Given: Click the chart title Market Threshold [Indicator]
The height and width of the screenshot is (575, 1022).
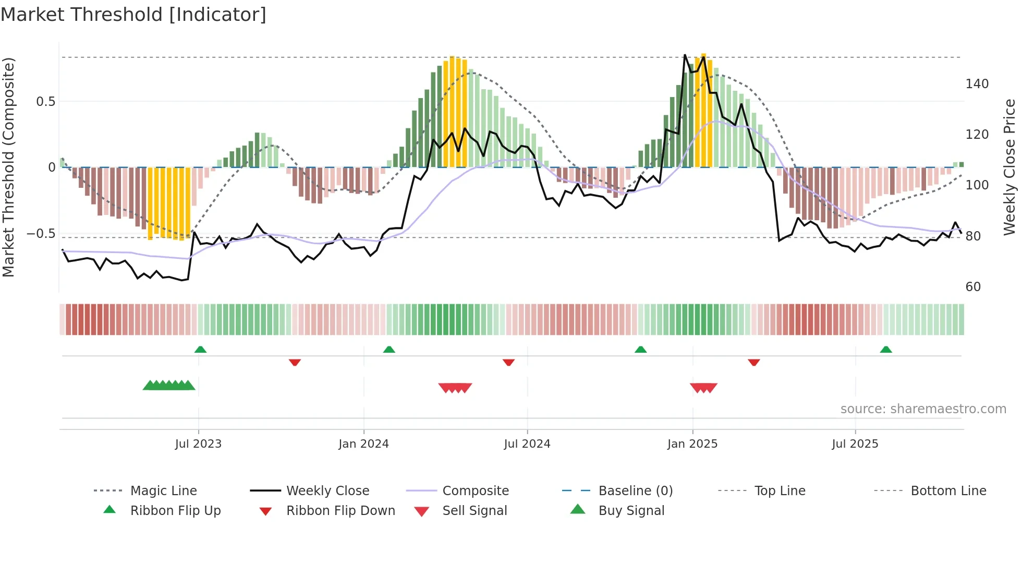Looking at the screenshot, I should pos(133,15).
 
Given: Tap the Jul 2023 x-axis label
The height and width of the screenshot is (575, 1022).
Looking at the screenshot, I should pos(198,444).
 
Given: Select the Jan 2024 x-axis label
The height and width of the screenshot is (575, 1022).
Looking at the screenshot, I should pos(363,444).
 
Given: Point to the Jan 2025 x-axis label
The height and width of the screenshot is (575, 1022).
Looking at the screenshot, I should pos(692,444).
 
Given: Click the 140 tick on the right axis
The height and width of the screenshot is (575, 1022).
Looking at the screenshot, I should pos(977,84).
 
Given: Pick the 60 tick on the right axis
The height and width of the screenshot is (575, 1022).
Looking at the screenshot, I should pos(973,287).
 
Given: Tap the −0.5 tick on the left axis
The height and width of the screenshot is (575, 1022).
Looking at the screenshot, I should pos(41,234).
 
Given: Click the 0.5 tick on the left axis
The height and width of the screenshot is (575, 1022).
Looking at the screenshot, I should pos(45,102).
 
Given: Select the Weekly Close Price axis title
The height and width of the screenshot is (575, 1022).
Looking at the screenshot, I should pos(1009,167).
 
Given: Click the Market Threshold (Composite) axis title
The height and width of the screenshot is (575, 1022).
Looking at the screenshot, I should pos(8,167).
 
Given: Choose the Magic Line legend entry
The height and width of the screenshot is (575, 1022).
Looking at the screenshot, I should pos(163,491).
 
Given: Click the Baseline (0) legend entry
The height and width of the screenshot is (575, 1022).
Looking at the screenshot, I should pos(635,491).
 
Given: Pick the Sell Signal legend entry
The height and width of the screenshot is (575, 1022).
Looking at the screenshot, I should pos(474,511).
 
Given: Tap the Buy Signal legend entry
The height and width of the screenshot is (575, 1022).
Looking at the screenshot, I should pos(631,511).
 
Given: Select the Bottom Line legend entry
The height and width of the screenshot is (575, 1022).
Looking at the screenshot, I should pos(948,491).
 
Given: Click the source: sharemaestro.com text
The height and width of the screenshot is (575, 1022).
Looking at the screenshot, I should pos(923,409).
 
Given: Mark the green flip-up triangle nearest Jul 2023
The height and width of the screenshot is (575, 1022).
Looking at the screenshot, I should pos(200,350).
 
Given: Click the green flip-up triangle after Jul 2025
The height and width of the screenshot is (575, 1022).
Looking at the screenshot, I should pos(886,350).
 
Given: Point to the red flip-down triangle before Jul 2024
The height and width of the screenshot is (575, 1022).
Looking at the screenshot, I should pos(508,362).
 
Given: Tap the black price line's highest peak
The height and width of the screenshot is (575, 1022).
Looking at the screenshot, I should pos(685,55).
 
